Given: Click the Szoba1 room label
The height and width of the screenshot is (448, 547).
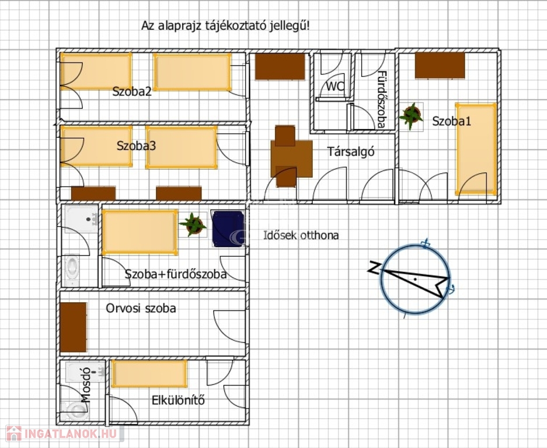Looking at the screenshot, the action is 451,121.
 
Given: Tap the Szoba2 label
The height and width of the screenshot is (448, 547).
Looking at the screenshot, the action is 132,92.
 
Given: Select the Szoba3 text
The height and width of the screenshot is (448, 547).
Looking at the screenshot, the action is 136,146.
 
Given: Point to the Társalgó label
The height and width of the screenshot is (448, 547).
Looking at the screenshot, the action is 351,152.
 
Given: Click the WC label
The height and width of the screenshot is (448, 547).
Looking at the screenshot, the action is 335,86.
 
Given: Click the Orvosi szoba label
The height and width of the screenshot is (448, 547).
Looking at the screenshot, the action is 141,308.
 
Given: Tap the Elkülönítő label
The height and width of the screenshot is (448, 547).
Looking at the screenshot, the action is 178,400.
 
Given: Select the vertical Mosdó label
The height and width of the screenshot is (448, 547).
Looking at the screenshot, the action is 86,385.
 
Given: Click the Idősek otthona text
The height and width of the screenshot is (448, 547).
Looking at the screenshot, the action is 301,235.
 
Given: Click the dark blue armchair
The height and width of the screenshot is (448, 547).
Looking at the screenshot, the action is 228,229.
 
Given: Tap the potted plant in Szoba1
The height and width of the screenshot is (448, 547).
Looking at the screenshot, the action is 412,116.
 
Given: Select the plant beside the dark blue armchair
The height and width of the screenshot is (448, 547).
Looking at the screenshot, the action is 193,225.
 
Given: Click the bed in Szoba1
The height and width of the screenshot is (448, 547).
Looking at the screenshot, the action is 476,149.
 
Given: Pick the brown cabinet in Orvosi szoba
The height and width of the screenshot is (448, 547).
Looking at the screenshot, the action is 73,327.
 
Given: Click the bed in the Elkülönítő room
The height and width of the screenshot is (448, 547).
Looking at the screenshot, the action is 149,374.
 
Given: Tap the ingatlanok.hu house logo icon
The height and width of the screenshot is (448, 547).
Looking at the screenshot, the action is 14,433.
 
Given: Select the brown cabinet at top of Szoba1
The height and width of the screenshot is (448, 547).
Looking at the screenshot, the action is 440,65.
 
